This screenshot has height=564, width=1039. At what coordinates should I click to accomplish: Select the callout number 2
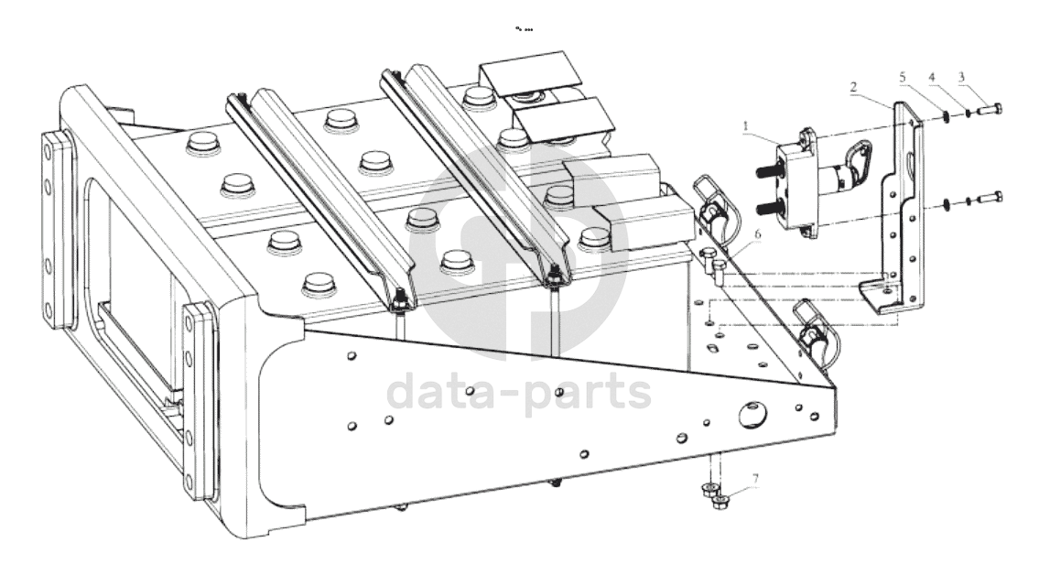click(854, 87)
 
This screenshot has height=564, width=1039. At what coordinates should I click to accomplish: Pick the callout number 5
click(903, 79)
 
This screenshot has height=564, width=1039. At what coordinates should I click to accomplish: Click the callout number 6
click(757, 234)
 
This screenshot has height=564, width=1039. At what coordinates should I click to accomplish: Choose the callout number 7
click(755, 478)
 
